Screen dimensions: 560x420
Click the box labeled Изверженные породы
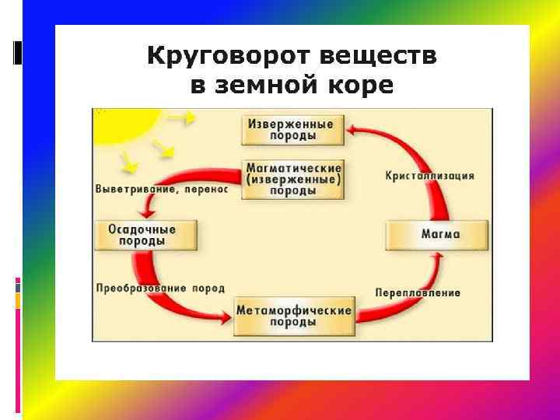coord(291,129)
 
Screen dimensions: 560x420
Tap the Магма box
coord(437,233)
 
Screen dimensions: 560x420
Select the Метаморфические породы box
coord(295,315)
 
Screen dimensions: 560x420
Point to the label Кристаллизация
coord(429,176)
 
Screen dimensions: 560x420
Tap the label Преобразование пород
coord(159,288)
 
